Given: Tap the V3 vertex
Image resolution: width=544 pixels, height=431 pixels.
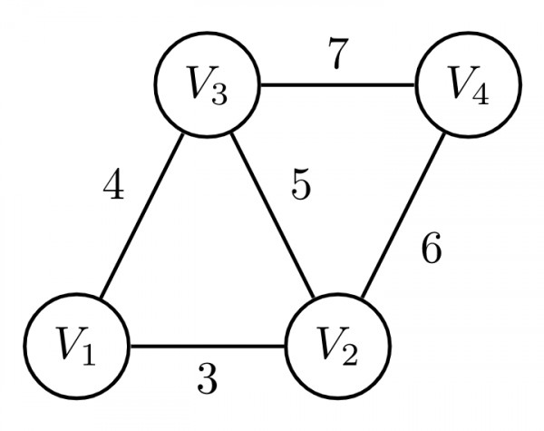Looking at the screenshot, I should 209,87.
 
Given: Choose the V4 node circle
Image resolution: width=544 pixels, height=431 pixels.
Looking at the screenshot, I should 470,87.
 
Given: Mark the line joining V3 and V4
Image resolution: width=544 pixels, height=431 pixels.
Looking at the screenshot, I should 339,87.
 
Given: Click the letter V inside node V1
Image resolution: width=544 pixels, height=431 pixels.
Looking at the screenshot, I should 68,346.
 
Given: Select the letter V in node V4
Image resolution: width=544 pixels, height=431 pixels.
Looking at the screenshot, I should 461,84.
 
